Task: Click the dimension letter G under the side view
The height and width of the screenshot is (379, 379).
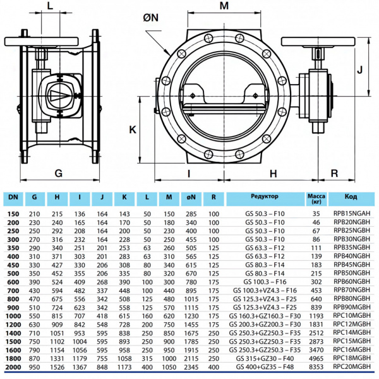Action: [x=57, y=173]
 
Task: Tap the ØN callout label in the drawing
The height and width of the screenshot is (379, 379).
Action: [x=152, y=19]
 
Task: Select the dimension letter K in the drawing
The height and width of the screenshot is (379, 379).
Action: [x=133, y=130]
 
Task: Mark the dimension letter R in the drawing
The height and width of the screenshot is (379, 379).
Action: [x=335, y=173]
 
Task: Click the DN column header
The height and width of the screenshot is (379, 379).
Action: [x=13, y=196]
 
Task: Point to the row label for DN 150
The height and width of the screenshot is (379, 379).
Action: [x=13, y=214]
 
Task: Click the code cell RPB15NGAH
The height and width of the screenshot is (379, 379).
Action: [x=351, y=214]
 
